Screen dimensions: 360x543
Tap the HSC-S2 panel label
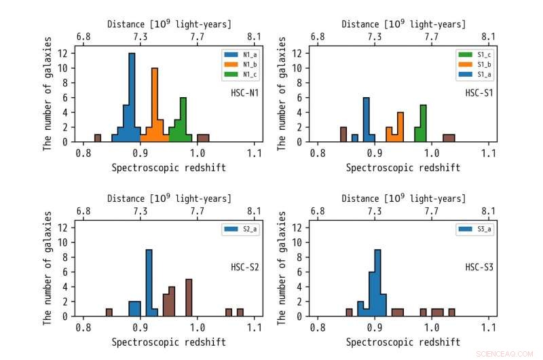click(x=244, y=267)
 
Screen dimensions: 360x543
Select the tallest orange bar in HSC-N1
click(x=155, y=105)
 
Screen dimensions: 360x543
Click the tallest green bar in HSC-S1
click(x=423, y=123)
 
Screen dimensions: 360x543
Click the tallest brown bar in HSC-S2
click(x=189, y=298)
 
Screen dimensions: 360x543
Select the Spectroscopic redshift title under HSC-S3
click(x=402, y=342)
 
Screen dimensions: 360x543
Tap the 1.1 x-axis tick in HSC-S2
click(x=255, y=327)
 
